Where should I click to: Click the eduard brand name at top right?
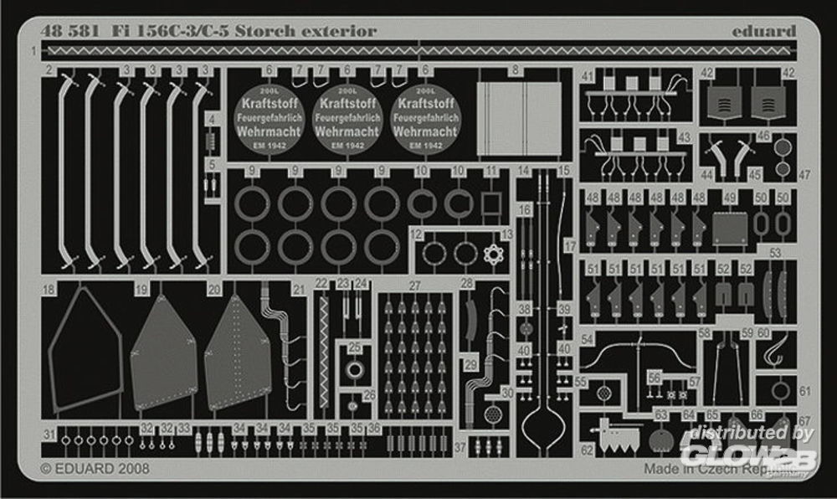[763, 32]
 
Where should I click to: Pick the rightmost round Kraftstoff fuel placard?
[425, 122]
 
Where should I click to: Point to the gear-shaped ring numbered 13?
[490, 253]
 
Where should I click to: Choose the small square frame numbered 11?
[490, 203]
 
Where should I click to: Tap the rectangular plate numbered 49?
[729, 228]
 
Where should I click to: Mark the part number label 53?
[775, 252]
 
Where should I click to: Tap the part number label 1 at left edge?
[33, 52]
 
